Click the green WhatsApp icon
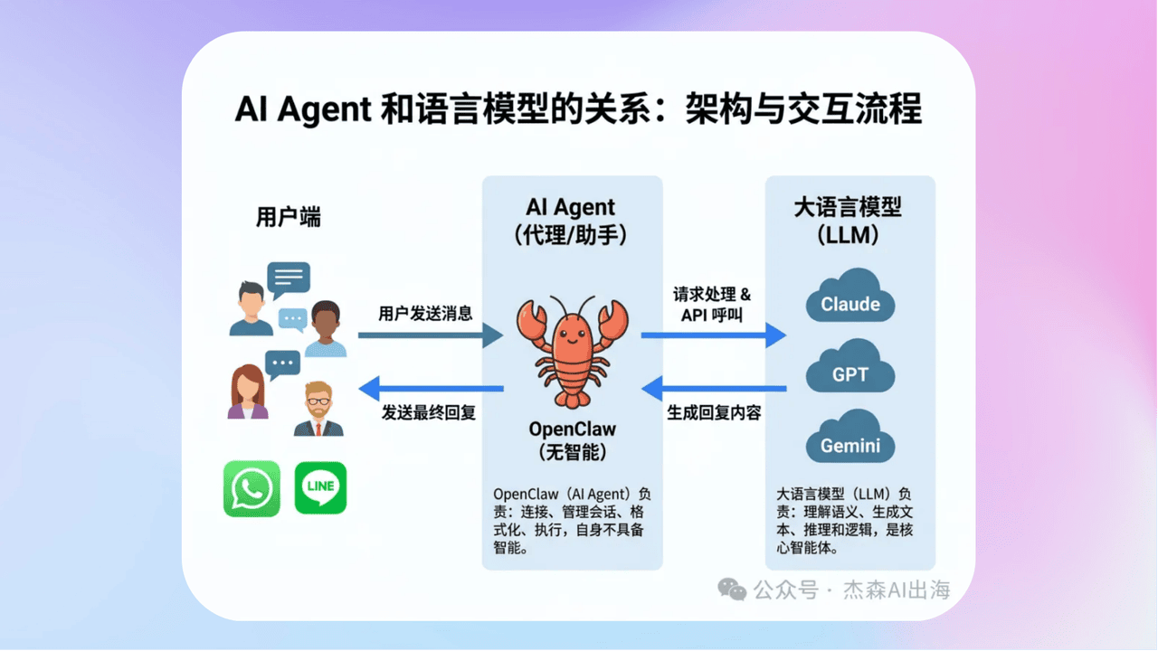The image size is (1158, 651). pyautogui.click(x=252, y=489)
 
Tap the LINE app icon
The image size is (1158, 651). pyautogui.click(x=320, y=488)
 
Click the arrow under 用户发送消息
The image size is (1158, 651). pyautogui.click(x=430, y=335)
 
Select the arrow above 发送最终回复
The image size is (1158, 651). pyautogui.click(x=431, y=389)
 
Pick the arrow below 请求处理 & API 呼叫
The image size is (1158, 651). pyautogui.click(x=713, y=335)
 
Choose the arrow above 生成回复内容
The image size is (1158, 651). pyautogui.click(x=713, y=389)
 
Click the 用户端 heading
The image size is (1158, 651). pyautogui.click(x=289, y=217)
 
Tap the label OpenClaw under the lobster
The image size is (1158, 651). pyautogui.click(x=572, y=429)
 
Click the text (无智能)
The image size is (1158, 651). pyautogui.click(x=572, y=452)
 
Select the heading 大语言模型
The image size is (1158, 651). pyautogui.click(x=849, y=207)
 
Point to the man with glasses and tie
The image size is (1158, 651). pyautogui.click(x=318, y=410)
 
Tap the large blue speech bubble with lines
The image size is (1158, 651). pyautogui.click(x=289, y=278)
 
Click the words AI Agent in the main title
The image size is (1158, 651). pyautogui.click(x=303, y=109)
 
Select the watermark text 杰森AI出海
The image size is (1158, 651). pyautogui.click(x=897, y=590)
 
